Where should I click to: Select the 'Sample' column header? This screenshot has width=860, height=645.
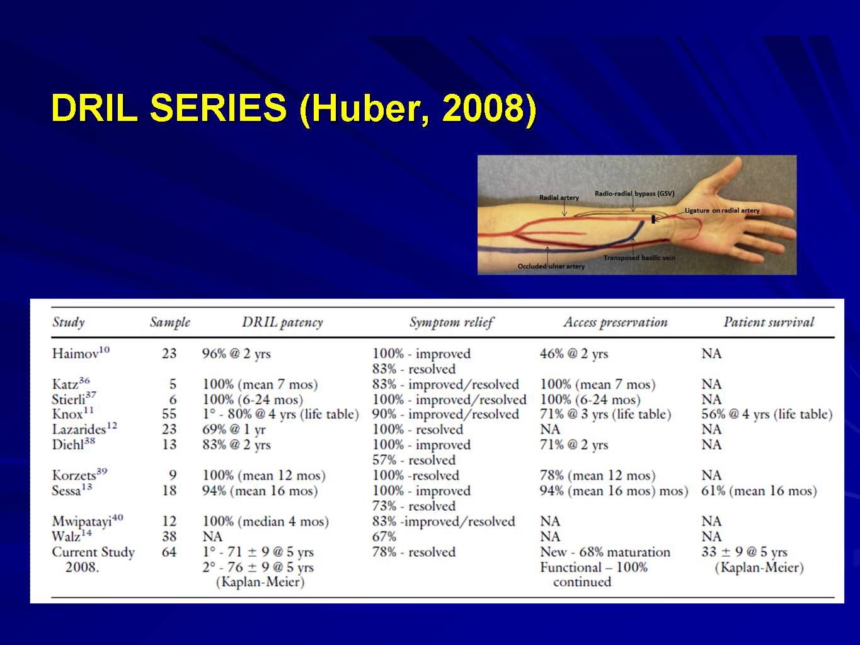170,322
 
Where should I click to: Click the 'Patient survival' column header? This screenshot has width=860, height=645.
768,322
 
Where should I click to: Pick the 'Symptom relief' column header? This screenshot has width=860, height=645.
452,322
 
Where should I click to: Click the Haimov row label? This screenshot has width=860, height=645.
81,353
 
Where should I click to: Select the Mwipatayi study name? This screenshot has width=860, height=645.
88,521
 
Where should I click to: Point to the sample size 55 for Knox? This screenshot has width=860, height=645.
169,414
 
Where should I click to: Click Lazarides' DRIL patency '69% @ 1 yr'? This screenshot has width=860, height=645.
234,430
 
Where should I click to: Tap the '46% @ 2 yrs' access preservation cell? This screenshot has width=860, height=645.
574,353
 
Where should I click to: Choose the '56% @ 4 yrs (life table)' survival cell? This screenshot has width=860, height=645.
767,414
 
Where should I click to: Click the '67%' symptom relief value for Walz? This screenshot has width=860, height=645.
384,537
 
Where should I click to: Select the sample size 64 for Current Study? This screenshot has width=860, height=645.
169,552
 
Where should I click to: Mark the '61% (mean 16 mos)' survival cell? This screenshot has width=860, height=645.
759,491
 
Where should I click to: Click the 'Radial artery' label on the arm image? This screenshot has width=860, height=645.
559,198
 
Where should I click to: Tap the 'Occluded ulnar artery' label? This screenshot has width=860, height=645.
551,266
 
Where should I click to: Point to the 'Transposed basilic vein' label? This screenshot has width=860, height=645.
639,258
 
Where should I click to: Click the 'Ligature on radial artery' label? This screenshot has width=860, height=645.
721,210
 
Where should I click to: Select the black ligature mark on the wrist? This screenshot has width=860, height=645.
653,219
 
